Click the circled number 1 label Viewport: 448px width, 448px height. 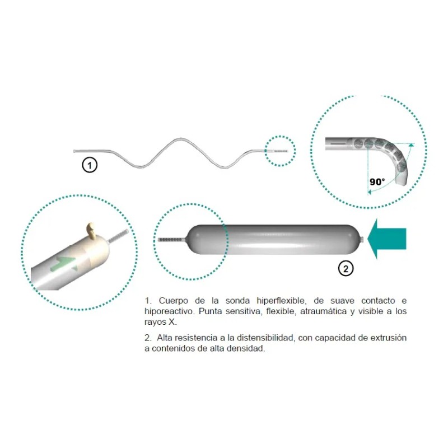[90, 165]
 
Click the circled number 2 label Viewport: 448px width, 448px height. [346, 269]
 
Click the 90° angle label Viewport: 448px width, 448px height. [377, 181]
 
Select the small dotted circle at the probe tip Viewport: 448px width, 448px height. [279, 151]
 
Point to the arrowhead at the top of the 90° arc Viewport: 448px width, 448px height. [412, 145]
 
